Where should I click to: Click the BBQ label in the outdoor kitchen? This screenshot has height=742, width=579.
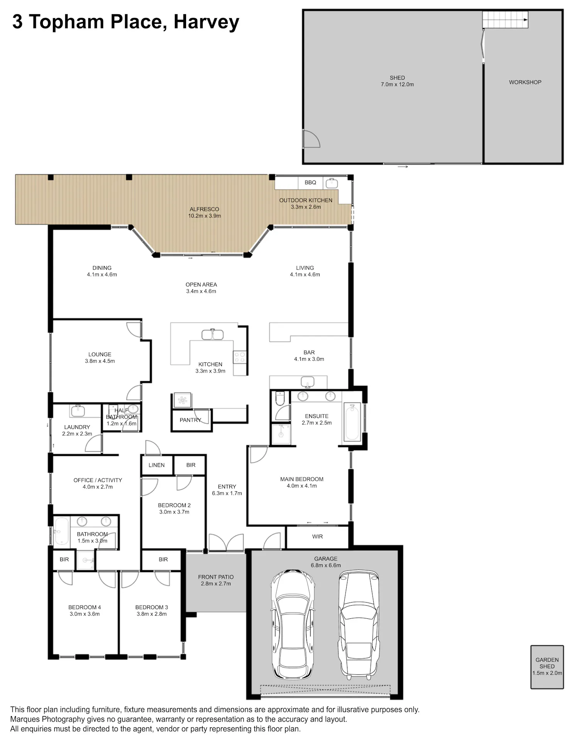[310, 182]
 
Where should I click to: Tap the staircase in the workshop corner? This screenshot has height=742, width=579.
[505, 20]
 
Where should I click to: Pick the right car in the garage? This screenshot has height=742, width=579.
[358, 625]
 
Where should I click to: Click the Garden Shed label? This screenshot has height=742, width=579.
[547, 663]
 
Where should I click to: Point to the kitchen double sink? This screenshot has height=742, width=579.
[212, 334]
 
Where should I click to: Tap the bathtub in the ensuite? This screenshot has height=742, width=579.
[352, 422]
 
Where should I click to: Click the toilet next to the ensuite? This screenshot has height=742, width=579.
[280, 398]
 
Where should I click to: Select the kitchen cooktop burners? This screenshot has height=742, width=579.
[239, 357]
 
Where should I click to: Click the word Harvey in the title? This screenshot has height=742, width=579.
[207, 22]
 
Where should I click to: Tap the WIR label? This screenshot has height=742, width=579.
[317, 537]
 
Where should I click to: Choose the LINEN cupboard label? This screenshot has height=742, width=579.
[156, 465]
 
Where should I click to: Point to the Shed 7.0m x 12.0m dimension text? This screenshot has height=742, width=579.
[397, 84]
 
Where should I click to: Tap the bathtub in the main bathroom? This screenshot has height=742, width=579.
[61, 531]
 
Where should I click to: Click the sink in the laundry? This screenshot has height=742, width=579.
[78, 410]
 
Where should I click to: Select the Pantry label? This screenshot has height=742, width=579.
[190, 420]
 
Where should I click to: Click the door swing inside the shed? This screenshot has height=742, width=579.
[312, 139]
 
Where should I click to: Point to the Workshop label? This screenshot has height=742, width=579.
[525, 82]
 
